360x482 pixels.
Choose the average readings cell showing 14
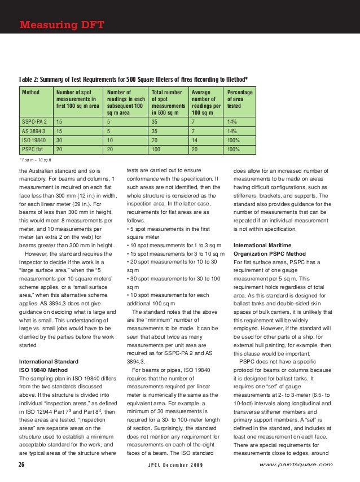point(195,141)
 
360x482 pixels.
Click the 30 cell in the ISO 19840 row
point(59,141)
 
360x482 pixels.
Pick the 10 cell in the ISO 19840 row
point(109,141)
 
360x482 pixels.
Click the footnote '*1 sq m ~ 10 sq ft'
point(36,160)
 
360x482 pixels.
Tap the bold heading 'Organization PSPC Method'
point(269,253)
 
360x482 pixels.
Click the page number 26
point(22,465)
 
